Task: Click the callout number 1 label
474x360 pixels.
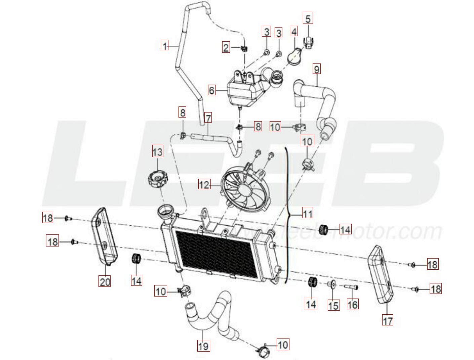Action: (x=164, y=45)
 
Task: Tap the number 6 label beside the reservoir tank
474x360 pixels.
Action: (x=211, y=90)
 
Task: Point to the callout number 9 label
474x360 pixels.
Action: (x=316, y=69)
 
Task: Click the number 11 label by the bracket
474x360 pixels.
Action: (x=307, y=214)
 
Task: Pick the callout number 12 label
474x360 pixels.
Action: (x=204, y=184)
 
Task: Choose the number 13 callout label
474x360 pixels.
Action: (x=157, y=152)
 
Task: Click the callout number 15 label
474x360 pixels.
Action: (x=333, y=305)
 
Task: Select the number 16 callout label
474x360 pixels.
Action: (x=352, y=304)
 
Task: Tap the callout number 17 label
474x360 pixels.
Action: (x=388, y=320)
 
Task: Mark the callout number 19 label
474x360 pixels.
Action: (x=203, y=345)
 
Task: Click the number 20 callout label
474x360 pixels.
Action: (x=105, y=281)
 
